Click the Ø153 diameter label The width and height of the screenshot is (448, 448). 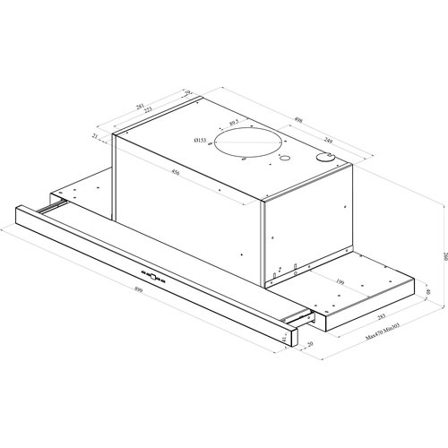202,140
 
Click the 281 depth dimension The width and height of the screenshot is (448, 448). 139,106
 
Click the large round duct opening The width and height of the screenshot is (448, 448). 249,144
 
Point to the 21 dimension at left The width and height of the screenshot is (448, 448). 96,136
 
